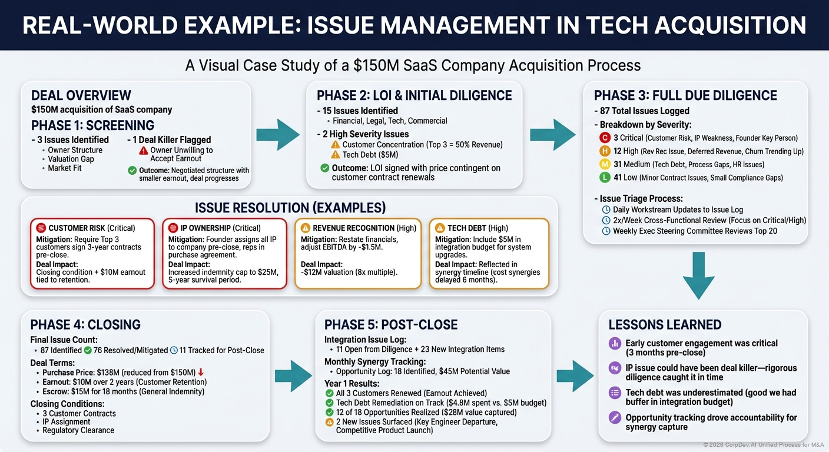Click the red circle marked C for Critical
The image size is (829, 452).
pos(604,138)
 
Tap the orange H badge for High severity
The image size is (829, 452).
pos(604,151)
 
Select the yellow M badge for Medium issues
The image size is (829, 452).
pos(604,164)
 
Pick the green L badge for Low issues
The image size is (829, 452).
pos(604,177)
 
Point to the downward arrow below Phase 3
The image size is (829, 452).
pos(699,275)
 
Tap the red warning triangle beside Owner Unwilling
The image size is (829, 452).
pos(143,151)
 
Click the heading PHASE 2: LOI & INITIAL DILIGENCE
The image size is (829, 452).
pos(414,95)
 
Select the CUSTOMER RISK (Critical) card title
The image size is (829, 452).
pos(91,228)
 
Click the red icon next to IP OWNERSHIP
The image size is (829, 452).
pos(173,228)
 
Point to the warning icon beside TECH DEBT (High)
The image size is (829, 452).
pos(439,228)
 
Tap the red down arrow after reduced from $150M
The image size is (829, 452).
pos(201,373)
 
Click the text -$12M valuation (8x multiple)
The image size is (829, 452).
pos(349,272)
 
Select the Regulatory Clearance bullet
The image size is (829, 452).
pos(78,430)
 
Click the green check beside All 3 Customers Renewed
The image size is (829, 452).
pos(329,393)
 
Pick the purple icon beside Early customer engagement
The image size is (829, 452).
pos(614,343)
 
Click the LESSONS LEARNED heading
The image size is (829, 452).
pos(665,325)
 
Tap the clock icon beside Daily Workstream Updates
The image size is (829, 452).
pos(606,210)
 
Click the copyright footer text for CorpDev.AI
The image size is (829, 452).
pos(764,444)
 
